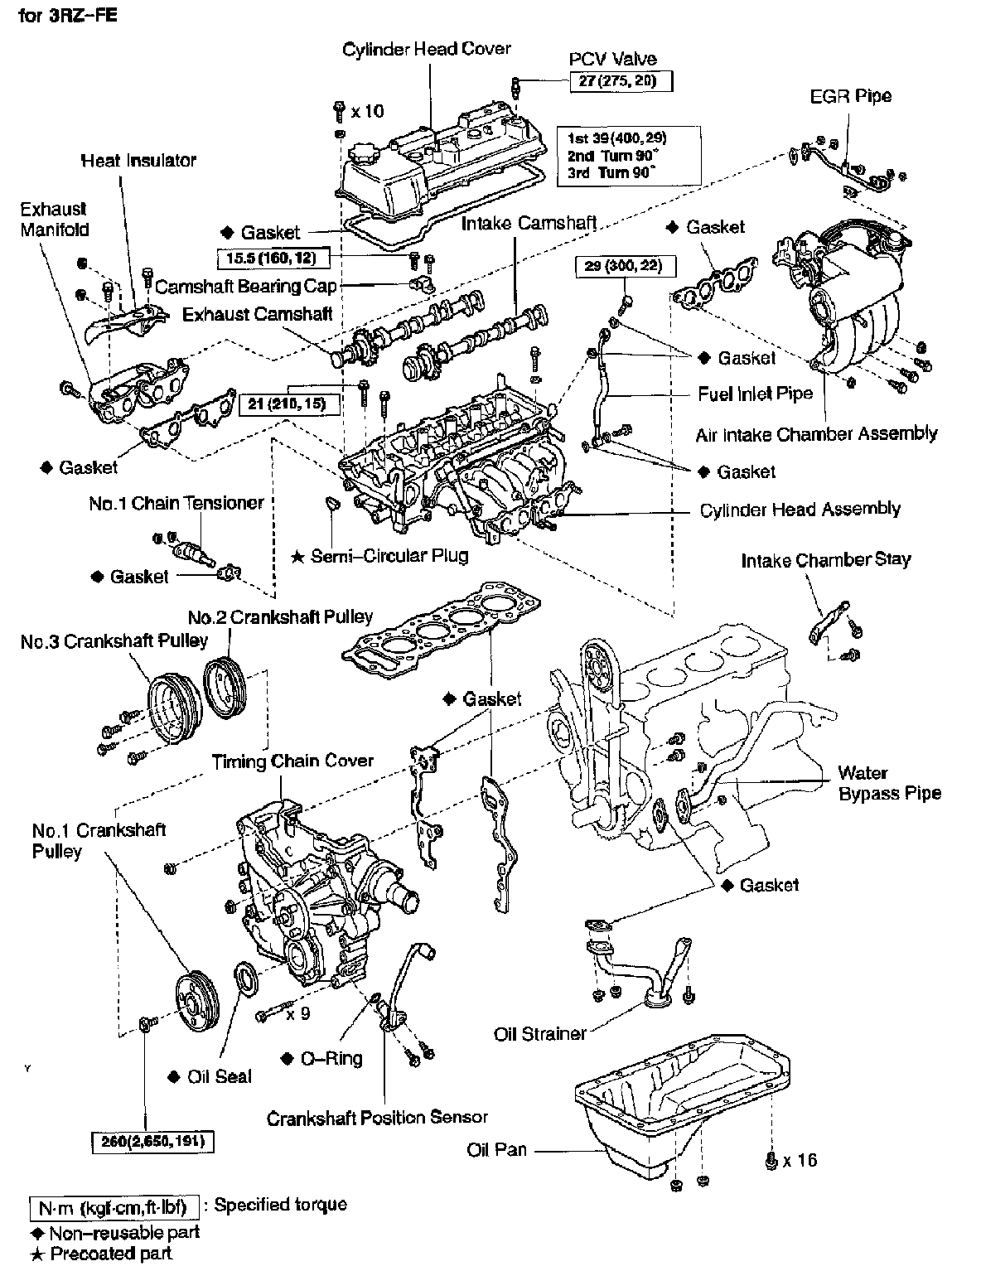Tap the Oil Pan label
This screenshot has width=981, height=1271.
point(496,1150)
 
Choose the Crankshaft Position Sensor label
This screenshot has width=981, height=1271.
point(377,1118)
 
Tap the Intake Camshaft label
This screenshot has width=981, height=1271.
point(529,223)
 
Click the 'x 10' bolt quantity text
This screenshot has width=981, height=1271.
point(367,110)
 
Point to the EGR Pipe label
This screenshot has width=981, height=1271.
point(850,95)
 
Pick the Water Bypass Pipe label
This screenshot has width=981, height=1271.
point(889,783)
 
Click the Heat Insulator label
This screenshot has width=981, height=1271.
point(138,160)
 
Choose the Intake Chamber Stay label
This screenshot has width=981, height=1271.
point(825,560)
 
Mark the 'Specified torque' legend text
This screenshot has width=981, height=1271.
point(280,1205)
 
